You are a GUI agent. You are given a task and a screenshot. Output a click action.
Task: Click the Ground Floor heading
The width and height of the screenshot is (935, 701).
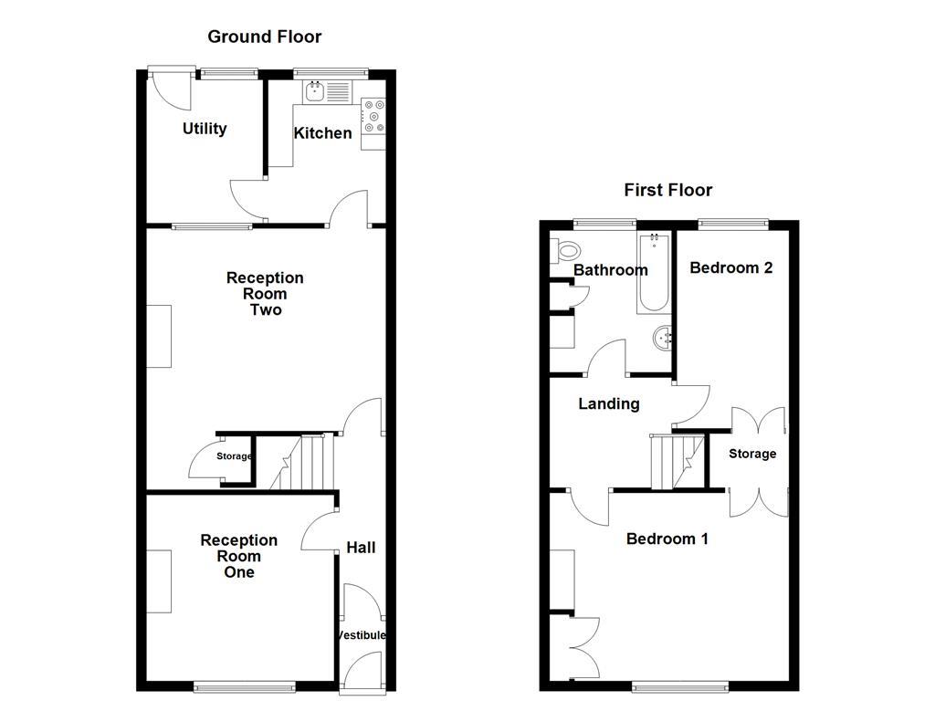[x=264, y=37]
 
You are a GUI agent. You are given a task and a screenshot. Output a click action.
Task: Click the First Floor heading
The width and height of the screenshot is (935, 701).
[x=667, y=190]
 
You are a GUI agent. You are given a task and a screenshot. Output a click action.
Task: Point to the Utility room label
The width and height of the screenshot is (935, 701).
[x=205, y=129]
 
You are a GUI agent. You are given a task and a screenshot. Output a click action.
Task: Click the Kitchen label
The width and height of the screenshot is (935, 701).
[x=322, y=133]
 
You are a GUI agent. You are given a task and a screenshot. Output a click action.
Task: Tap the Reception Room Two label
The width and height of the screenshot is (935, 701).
[x=265, y=294]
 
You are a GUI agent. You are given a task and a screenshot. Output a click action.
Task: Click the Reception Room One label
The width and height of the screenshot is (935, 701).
[x=239, y=556]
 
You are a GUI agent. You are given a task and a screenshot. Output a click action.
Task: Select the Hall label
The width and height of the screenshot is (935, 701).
[x=361, y=548]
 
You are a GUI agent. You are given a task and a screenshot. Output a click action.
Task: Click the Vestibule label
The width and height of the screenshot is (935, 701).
[x=362, y=635]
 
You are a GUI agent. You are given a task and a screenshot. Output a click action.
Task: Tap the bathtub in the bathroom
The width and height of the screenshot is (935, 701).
[x=655, y=273]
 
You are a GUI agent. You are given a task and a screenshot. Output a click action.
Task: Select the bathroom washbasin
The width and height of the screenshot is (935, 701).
[x=664, y=340]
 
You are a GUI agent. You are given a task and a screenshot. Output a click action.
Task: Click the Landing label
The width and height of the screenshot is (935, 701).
[x=609, y=403]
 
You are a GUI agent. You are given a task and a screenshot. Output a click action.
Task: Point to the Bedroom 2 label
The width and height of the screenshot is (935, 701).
[x=731, y=267]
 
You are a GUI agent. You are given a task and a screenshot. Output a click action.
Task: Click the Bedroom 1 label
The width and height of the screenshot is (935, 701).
[x=667, y=539]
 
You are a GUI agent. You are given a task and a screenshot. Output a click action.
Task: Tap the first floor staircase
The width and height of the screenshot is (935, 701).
[x=677, y=462]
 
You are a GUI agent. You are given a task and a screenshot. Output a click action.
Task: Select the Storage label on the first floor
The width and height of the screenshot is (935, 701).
[x=752, y=454]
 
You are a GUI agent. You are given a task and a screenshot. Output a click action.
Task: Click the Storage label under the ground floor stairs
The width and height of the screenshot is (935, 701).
[x=234, y=456]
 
